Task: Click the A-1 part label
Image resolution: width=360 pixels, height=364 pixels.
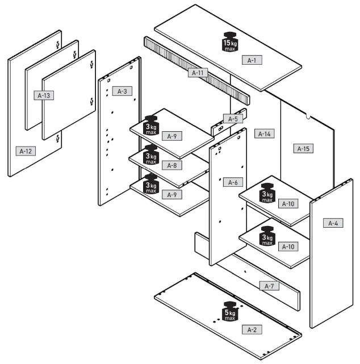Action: tap(252, 60)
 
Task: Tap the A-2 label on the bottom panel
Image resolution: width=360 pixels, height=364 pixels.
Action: tap(252, 329)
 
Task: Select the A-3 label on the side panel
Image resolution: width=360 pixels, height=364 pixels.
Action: tap(123, 91)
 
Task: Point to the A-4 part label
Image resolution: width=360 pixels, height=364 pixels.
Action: tap(333, 223)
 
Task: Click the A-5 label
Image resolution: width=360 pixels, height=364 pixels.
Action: tap(233, 119)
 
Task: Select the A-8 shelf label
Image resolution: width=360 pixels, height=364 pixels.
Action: tap(171, 165)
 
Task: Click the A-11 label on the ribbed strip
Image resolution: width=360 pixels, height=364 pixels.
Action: tap(198, 73)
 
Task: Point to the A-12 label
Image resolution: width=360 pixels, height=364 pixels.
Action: tap(26, 151)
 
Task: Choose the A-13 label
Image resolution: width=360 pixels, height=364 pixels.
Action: tap(44, 95)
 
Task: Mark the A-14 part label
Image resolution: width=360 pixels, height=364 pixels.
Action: tap(264, 134)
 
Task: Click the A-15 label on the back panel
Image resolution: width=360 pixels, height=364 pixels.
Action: tap(304, 149)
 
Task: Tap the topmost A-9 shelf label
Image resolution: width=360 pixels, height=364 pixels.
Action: tap(171, 136)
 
